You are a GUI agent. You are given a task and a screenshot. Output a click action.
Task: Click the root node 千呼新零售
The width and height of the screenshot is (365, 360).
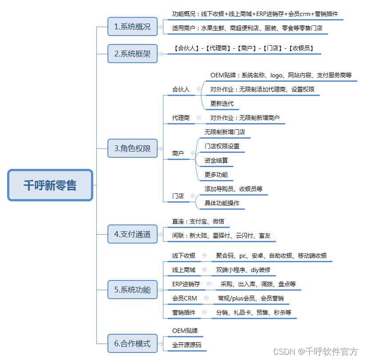coord(50,185)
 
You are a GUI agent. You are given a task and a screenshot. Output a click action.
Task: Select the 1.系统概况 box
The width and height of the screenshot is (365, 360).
coord(132,27)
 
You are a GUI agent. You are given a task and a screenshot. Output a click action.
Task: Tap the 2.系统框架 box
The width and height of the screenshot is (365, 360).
coord(132,54)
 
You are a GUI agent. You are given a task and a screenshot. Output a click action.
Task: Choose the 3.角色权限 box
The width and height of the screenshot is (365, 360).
coord(132,148)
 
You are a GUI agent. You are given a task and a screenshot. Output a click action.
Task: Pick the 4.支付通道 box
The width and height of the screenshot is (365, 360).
coord(132,234)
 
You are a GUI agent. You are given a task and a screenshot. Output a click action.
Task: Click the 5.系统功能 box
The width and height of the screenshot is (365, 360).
coord(132,290)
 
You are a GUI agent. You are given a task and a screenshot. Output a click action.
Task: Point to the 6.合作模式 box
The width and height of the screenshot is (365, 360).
coord(132,344)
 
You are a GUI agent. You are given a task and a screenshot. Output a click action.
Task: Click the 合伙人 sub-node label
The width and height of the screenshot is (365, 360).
coord(181,89)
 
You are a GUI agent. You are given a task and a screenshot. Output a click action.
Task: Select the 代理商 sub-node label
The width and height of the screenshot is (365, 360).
coord(181,118)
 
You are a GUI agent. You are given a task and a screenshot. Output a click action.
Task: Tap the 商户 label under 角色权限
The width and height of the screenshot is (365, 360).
coord(178,153)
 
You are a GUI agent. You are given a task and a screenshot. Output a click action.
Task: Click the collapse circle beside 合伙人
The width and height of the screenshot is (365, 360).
coord(198,89)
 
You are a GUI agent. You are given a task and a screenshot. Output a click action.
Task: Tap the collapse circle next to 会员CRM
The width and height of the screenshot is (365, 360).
coord(206,298)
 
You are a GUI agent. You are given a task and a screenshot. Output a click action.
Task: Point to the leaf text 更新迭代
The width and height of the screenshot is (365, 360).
coord(222,104)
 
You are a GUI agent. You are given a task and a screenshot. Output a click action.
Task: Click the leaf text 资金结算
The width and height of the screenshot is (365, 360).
coord(216,160)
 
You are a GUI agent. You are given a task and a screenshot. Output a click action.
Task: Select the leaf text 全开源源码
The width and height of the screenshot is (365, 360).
coord(186,344)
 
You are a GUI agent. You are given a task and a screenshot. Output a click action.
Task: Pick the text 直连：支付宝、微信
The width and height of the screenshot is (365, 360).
coord(198,221)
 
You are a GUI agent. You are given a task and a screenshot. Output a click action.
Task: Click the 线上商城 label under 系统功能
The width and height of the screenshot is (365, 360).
coord(184,270)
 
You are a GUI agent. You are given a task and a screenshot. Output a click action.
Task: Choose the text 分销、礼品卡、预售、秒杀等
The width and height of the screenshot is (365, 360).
coord(254,312)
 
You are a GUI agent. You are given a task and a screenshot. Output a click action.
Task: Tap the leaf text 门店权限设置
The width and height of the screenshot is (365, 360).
coord(222,146)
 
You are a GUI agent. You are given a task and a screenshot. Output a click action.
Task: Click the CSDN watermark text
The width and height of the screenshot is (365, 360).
coord(315,352)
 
